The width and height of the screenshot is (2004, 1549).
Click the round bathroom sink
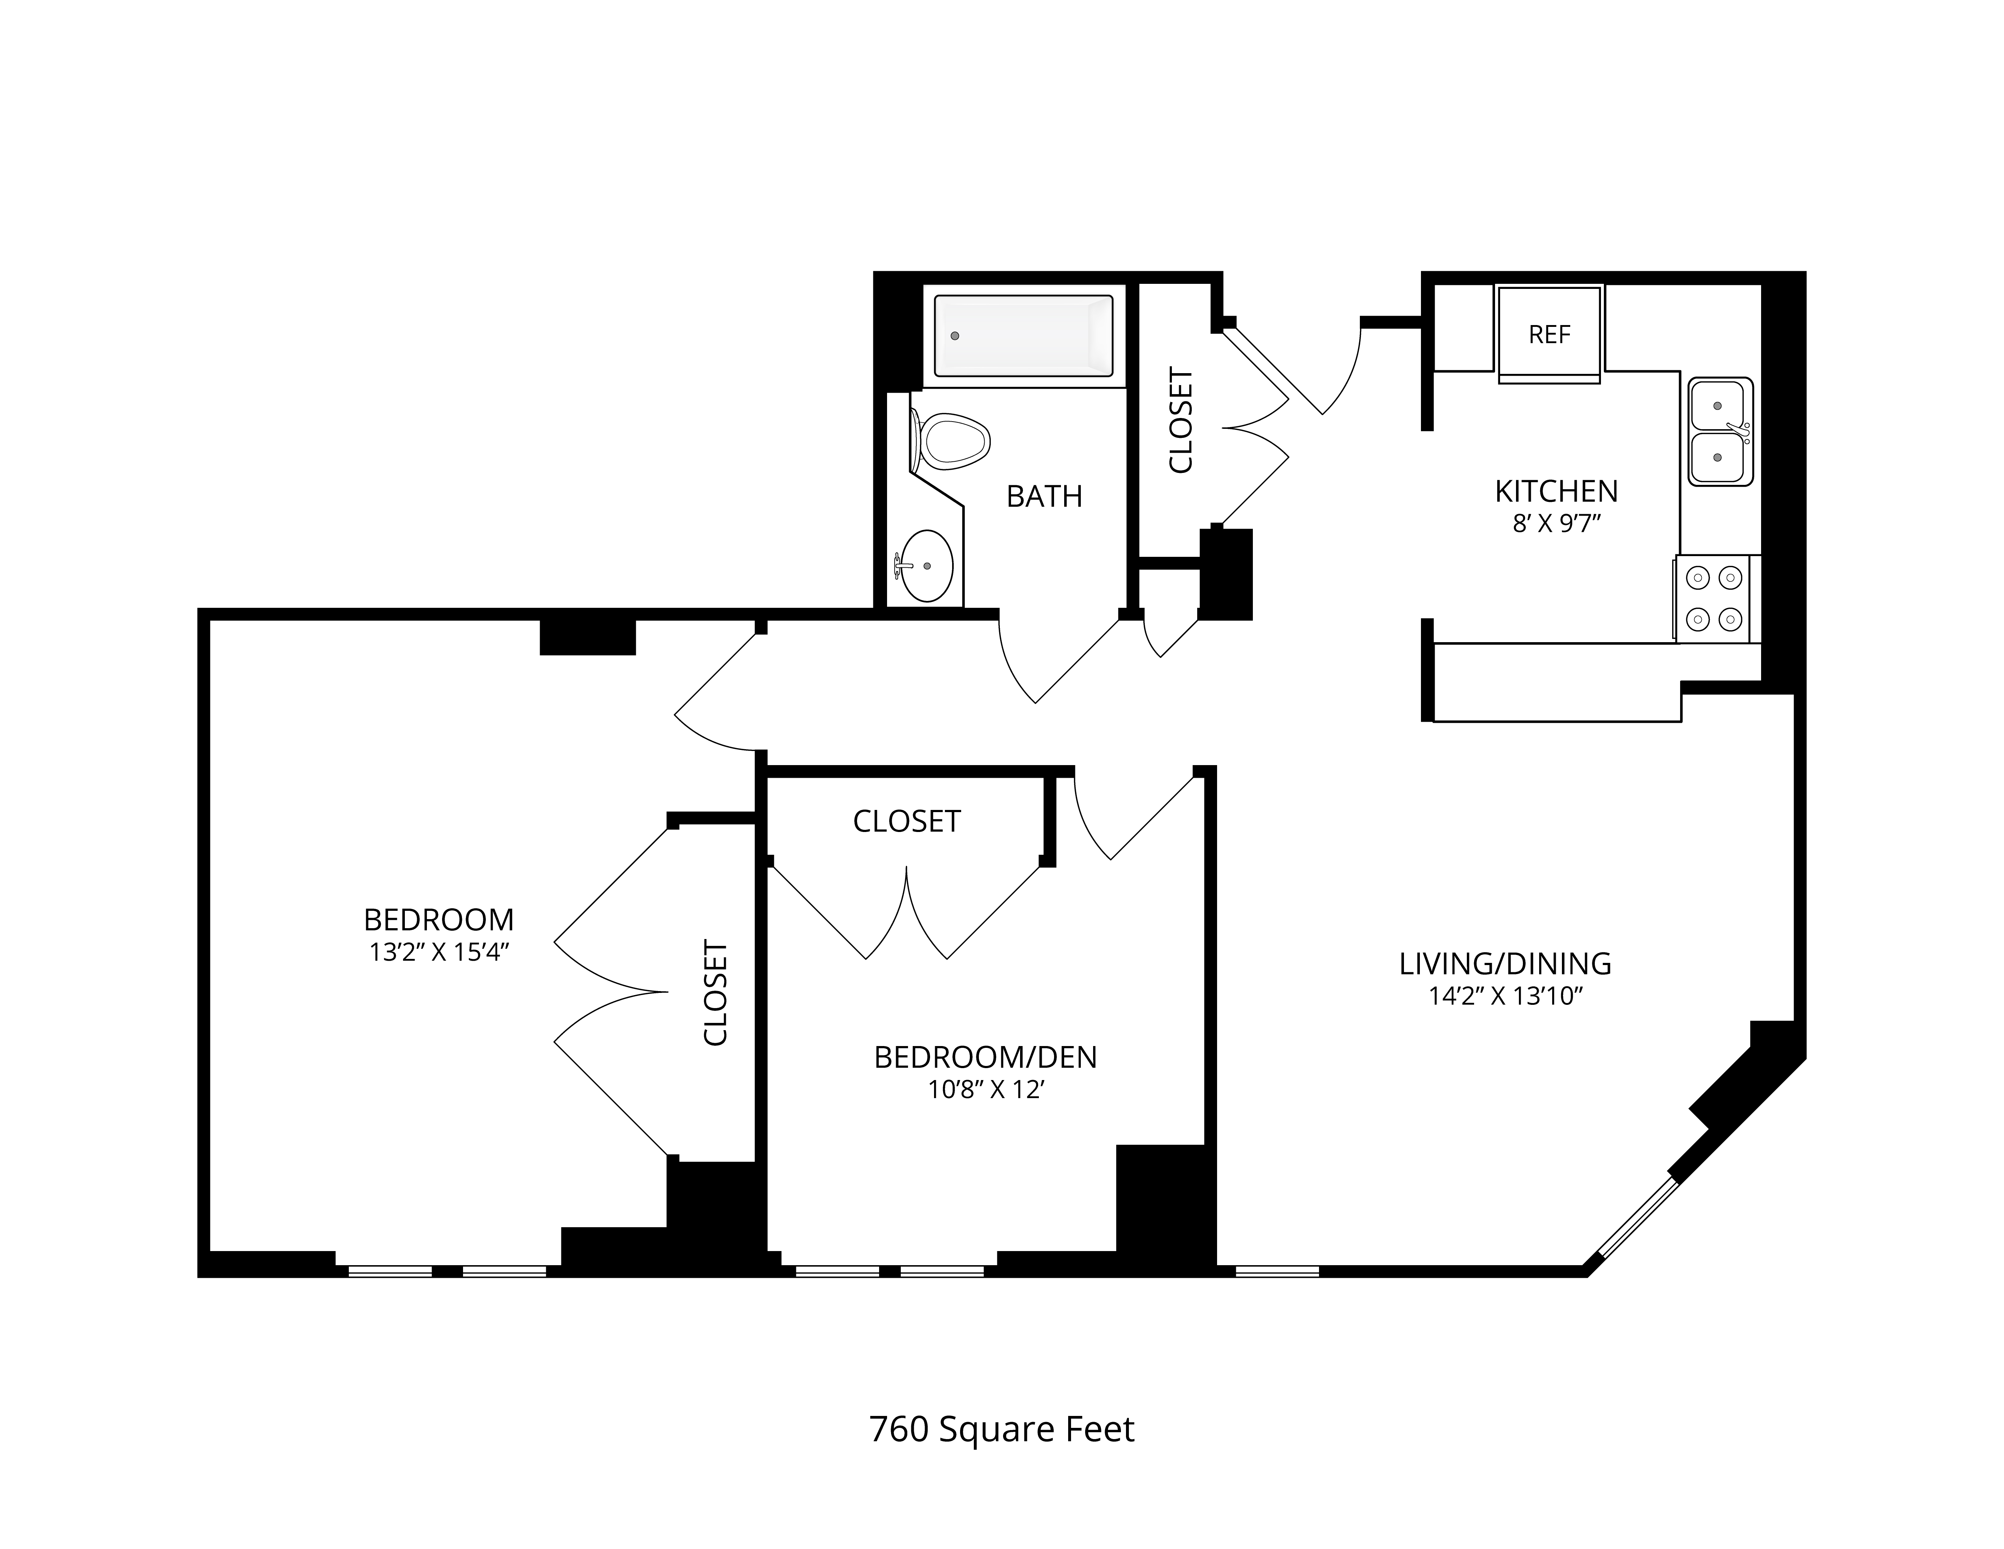pos(925,566)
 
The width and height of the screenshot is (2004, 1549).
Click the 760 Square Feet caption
pos(1002,1430)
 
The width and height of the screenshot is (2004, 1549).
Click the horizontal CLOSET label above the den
pos(907,821)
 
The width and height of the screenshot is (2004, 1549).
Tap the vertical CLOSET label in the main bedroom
pos(716,992)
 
